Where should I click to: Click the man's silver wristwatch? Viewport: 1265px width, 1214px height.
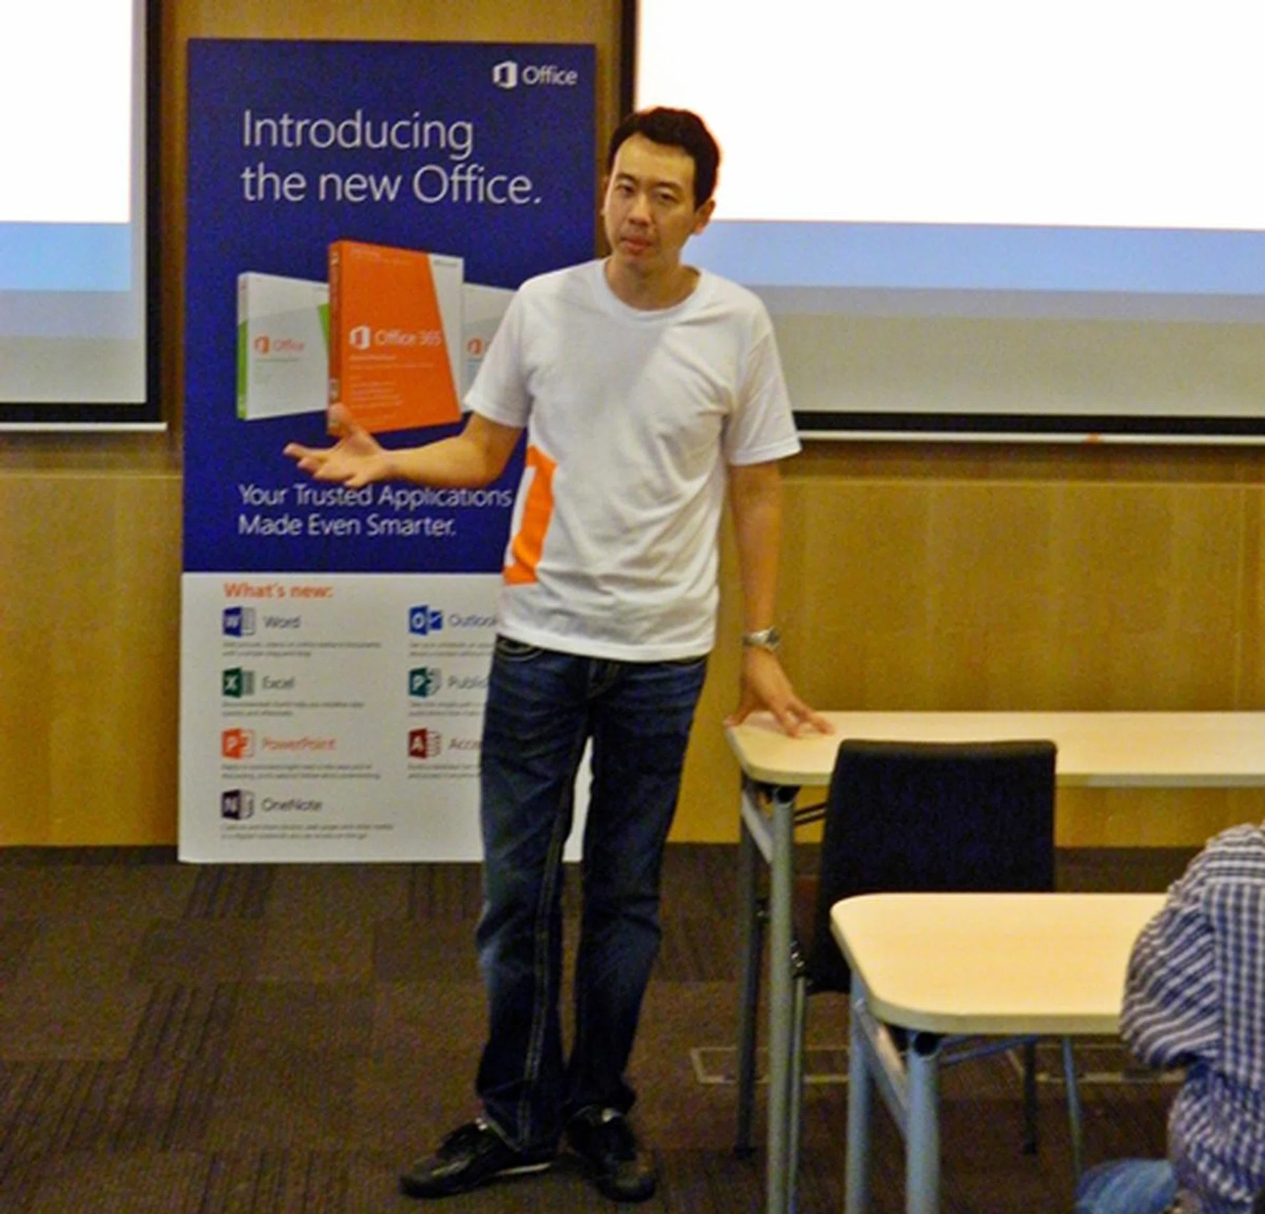[762, 637]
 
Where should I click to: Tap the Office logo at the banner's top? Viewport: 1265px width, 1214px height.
[534, 75]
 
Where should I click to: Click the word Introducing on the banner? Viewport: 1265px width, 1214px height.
[356, 132]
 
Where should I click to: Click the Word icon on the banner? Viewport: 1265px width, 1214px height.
[238, 621]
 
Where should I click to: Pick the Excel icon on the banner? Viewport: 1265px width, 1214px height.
[237, 682]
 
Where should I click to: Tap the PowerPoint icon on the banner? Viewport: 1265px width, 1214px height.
[237, 743]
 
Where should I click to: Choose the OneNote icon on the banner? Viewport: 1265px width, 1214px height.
[237, 804]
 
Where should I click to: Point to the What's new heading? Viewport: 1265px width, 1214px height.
[278, 591]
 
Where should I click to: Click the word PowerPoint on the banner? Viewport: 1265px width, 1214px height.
[298, 744]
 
